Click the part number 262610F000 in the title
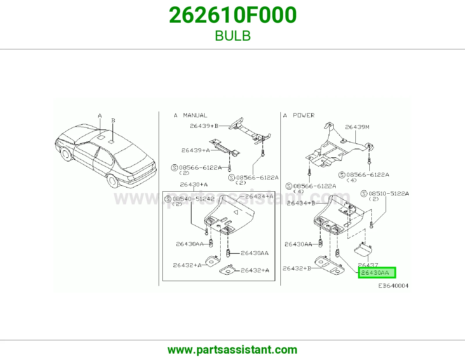pyautogui.click(x=233, y=15)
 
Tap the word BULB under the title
pyautogui.click(x=233, y=36)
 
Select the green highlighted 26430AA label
pyautogui.click(x=377, y=273)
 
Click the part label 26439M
pyautogui.click(x=357, y=127)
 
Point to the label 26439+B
pyautogui.click(x=204, y=126)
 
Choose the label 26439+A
pyautogui.click(x=196, y=150)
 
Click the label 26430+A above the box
pyautogui.click(x=194, y=184)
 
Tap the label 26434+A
pyautogui.click(x=259, y=196)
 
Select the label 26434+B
pyautogui.click(x=301, y=203)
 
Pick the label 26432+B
pyautogui.click(x=297, y=268)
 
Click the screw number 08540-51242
pyautogui.click(x=194, y=199)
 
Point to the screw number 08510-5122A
pyautogui.click(x=389, y=193)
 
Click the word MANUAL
pyautogui.click(x=195, y=116)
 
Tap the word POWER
pyautogui.click(x=304, y=116)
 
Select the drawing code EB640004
pyautogui.click(x=393, y=286)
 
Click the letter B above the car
pyautogui.click(x=113, y=120)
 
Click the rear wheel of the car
pyautogui.click(x=113, y=181)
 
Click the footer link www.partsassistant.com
pyautogui.click(x=233, y=350)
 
